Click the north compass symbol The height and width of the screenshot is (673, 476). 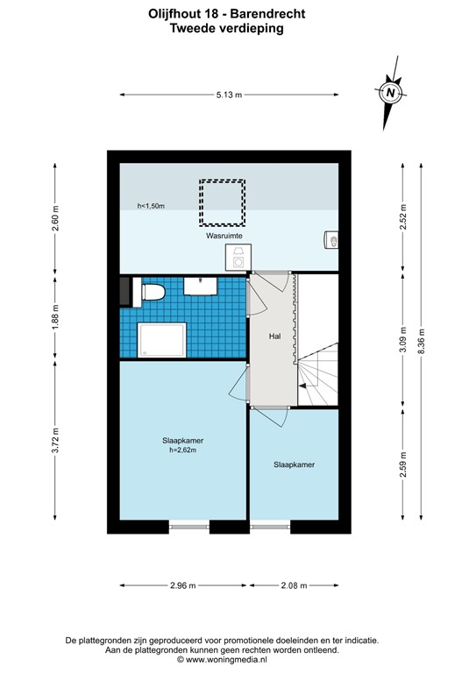[x=390, y=91]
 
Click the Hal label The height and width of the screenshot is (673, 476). [x=274, y=336]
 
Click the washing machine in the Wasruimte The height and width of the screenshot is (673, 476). [x=238, y=257]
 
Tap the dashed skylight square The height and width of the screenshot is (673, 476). [x=222, y=202]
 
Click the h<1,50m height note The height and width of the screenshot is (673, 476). [x=151, y=207]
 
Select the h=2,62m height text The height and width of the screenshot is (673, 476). [x=182, y=450]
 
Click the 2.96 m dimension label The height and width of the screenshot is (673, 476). [x=183, y=585]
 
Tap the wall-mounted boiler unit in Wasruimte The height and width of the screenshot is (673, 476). [x=332, y=238]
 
